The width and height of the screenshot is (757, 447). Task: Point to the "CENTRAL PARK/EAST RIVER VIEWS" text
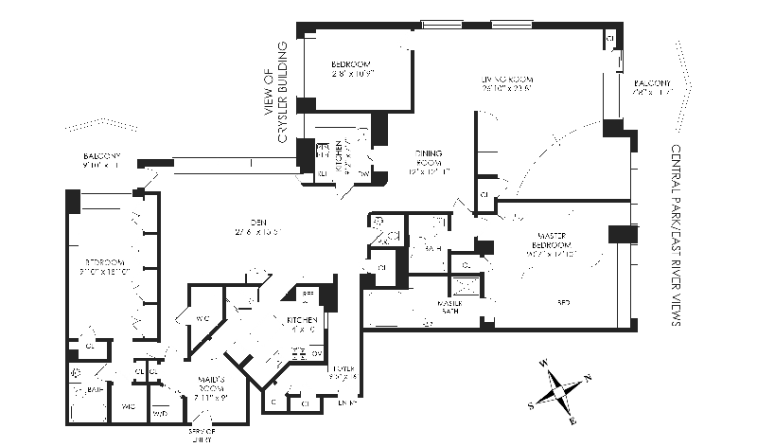(676, 236)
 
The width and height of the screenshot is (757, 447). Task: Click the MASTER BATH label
(449, 306)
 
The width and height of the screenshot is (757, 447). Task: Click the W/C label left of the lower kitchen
(203, 318)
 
